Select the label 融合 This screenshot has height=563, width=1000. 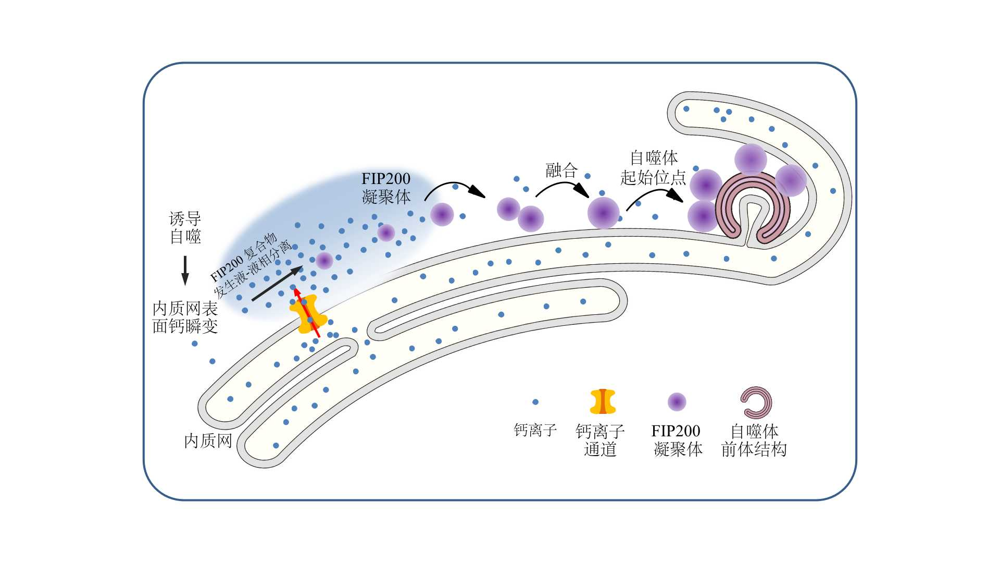point(561,170)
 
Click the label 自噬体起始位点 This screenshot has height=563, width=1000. point(653,167)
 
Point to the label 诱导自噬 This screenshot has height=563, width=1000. point(185,227)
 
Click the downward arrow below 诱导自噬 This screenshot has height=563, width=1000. point(185,271)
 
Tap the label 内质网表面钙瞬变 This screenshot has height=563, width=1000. point(185,317)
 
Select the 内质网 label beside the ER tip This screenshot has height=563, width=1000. point(208,441)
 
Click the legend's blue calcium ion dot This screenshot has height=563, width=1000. point(535,402)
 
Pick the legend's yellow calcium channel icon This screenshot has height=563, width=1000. point(603,401)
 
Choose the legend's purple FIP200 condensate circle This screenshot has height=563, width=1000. point(677,402)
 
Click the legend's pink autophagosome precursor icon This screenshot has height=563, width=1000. point(756,402)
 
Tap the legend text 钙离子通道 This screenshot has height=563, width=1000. point(600,440)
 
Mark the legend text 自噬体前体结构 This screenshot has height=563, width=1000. point(754,440)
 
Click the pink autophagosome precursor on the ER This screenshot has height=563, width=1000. point(753,208)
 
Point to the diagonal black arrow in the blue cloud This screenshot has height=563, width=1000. point(277,284)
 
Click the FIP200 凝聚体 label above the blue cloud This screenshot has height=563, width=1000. point(386,188)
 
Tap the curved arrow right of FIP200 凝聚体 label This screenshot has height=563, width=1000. point(454,188)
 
